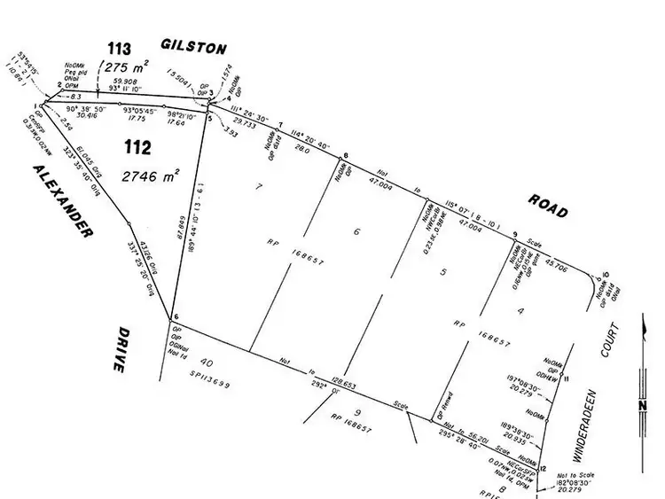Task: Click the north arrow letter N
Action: [641, 407]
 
